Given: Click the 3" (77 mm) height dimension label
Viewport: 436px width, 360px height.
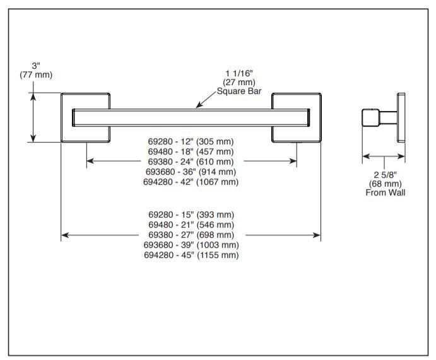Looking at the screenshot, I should click(x=35, y=70).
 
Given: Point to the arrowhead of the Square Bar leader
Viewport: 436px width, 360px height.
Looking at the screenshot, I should click(x=197, y=105).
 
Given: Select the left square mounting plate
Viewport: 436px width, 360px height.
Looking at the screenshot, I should click(x=86, y=118).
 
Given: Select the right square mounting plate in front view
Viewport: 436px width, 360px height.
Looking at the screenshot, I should click(x=297, y=118).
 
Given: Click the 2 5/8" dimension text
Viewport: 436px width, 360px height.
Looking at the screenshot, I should click(x=385, y=175).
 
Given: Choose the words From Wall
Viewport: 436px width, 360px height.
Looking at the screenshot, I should click(x=385, y=192).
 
